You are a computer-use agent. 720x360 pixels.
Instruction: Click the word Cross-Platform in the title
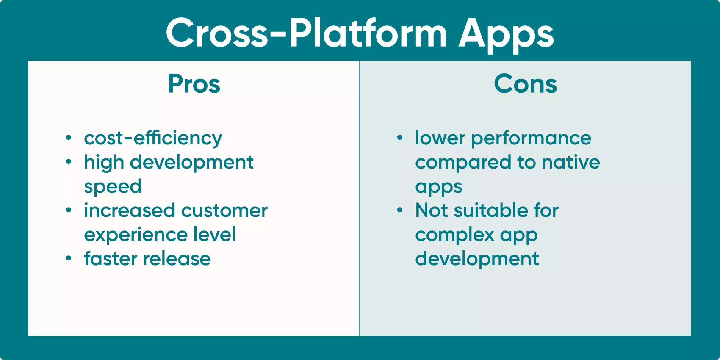coord(306,33)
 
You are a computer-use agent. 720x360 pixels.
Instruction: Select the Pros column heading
coord(194,84)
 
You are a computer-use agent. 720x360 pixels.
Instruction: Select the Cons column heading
coord(525,84)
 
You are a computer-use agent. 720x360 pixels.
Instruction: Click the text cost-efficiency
coord(153,138)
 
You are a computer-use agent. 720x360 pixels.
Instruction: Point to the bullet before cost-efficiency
coord(69,138)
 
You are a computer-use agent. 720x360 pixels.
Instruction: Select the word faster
coord(108,259)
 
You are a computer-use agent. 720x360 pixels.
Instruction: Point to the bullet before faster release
coord(69,259)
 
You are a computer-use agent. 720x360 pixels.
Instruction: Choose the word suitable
coord(491,210)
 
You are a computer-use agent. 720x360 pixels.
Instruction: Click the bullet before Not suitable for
coord(400,210)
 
